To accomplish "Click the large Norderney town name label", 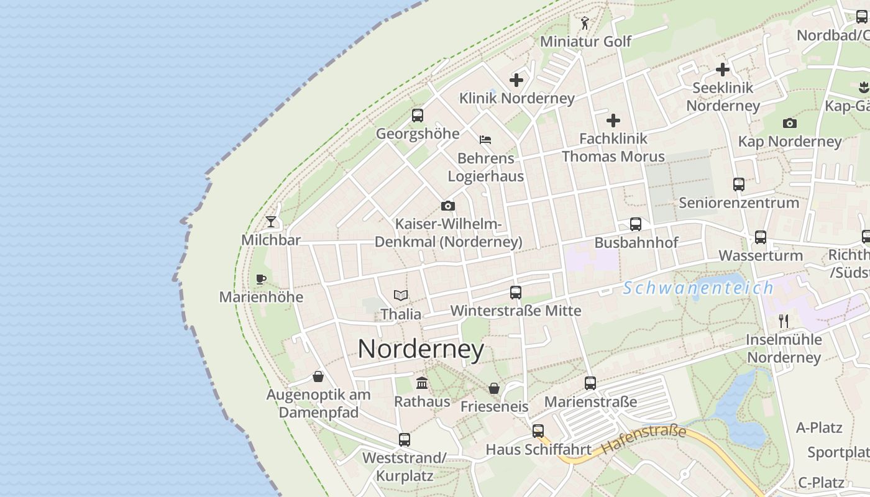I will (x=421, y=349).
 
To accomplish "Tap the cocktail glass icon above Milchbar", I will (x=271, y=221).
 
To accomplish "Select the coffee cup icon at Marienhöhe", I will (x=261, y=279).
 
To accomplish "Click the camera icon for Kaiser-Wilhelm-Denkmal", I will (x=448, y=206).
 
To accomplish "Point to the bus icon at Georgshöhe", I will (x=418, y=115).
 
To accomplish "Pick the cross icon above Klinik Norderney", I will (x=516, y=80).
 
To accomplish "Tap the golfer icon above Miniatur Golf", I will (x=585, y=23).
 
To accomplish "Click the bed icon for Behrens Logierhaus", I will (x=485, y=139).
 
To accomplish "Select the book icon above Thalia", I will (x=401, y=296).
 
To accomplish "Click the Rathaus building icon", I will (x=422, y=383).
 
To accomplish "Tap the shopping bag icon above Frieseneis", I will (x=494, y=388).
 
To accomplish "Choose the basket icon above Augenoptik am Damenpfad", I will (x=318, y=376).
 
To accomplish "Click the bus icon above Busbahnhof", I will (x=636, y=224).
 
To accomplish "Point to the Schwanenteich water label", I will (x=698, y=288).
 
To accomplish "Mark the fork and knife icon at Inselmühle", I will (x=784, y=321).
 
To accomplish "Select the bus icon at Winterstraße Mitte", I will (x=516, y=292).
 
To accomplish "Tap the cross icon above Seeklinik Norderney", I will (x=723, y=70).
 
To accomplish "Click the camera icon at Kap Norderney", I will (x=790, y=123).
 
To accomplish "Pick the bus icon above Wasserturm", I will (x=761, y=237).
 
